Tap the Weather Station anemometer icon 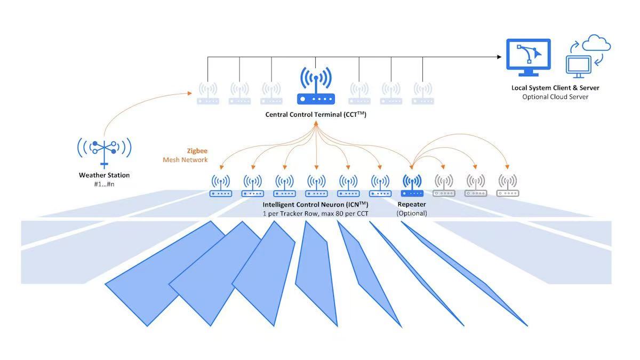click(x=104, y=148)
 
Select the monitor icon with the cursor click(x=527, y=57)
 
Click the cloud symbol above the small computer click(x=596, y=43)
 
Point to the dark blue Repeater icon click(x=412, y=186)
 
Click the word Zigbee click(x=197, y=151)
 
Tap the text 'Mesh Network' click(x=185, y=159)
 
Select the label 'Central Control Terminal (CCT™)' click(x=316, y=115)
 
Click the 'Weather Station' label click(x=104, y=175)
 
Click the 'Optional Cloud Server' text click(x=555, y=97)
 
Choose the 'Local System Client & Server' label click(x=555, y=88)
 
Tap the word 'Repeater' click(x=412, y=204)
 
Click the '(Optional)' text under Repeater click(x=412, y=213)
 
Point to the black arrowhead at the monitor click(x=499, y=57)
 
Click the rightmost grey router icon click(x=507, y=186)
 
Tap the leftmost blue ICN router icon click(x=221, y=186)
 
